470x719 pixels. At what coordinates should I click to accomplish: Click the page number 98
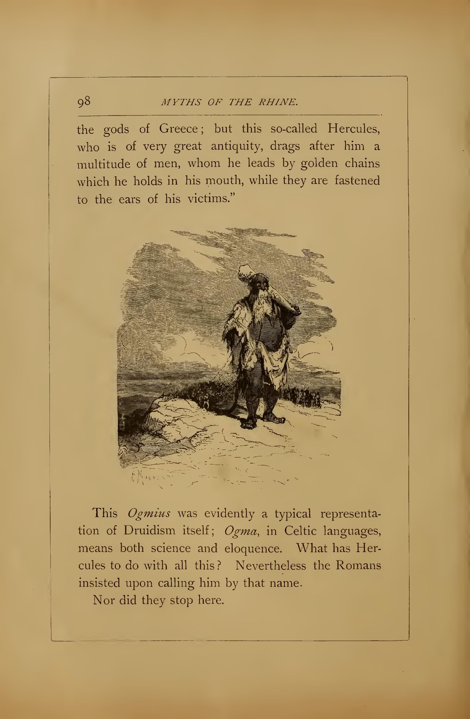[x=84, y=101]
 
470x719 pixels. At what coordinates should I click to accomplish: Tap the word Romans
[x=358, y=566]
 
